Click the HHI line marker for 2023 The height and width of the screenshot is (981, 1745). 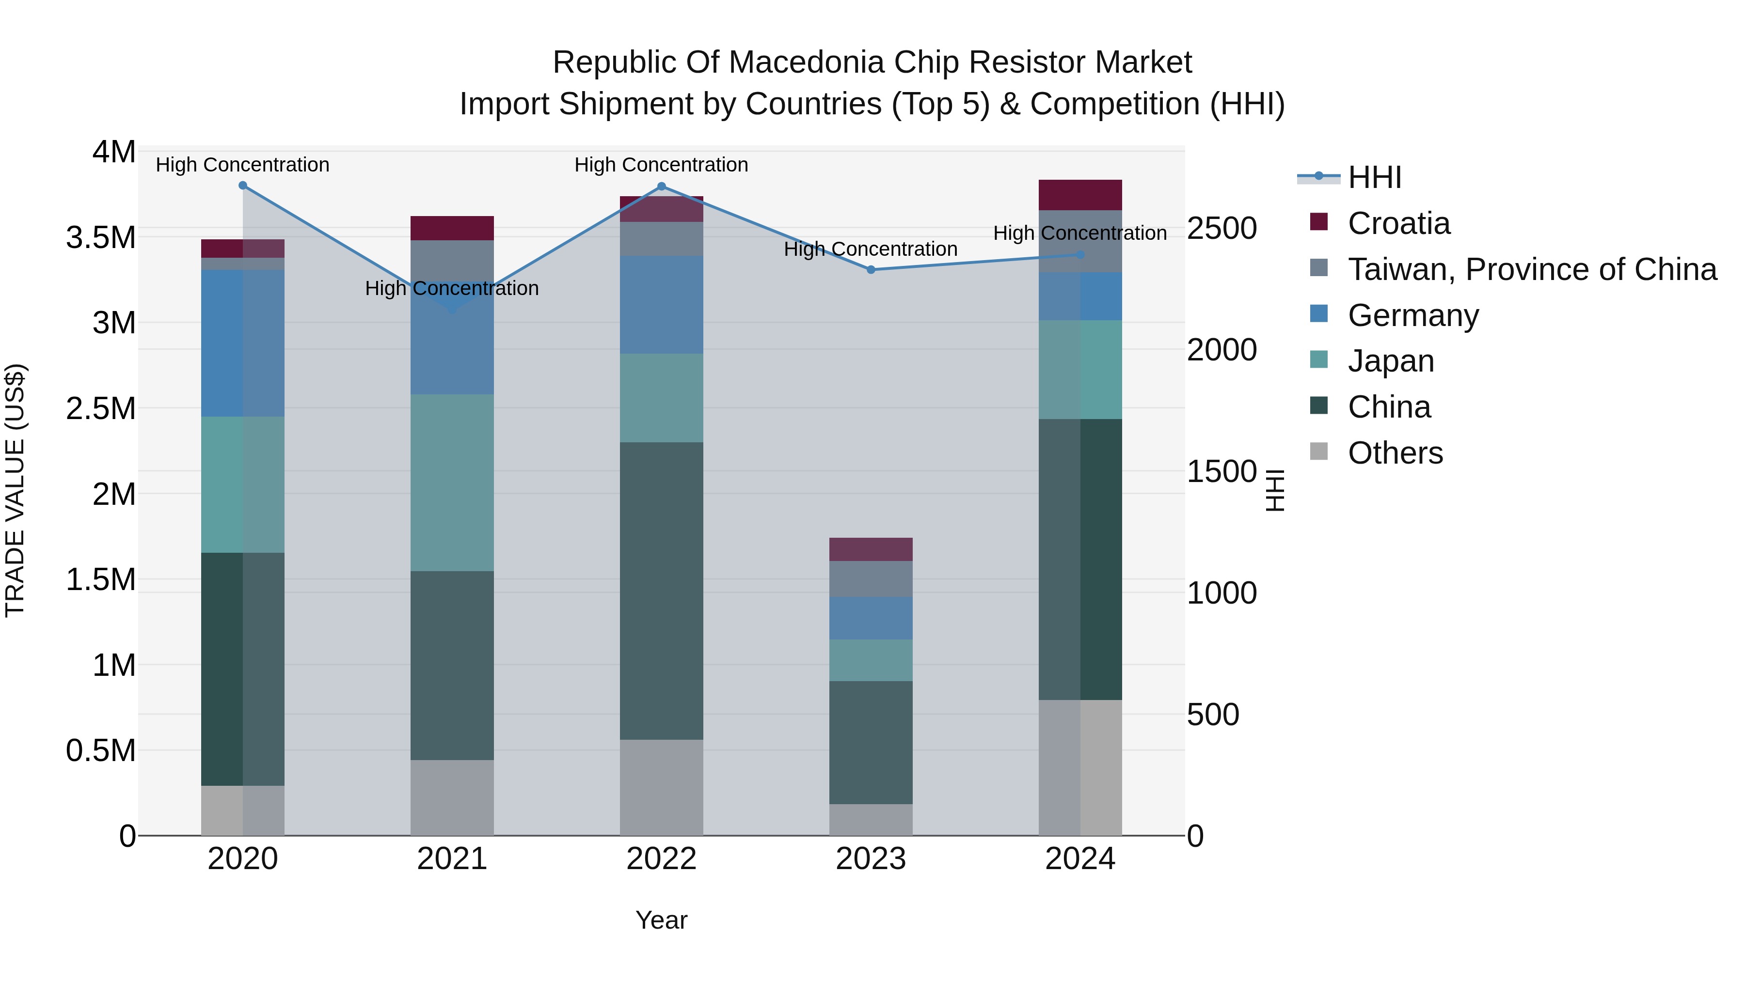click(871, 269)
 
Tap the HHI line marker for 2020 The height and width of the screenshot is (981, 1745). click(242, 186)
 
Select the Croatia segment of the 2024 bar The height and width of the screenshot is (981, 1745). click(1080, 195)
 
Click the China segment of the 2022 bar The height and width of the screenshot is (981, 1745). click(661, 591)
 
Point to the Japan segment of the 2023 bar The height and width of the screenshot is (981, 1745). click(871, 660)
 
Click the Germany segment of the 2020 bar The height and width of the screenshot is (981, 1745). click(242, 343)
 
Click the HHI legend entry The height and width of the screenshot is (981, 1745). click(1375, 177)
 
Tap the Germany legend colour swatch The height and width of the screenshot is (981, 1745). click(1318, 314)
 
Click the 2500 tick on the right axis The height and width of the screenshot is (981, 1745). click(1221, 228)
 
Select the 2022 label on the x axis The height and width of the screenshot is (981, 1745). click(661, 859)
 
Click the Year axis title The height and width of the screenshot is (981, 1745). click(661, 920)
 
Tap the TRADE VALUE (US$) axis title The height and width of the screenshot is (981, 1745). click(15, 490)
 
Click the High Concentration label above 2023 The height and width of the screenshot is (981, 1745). click(871, 249)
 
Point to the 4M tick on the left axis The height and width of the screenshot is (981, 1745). click(114, 152)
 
